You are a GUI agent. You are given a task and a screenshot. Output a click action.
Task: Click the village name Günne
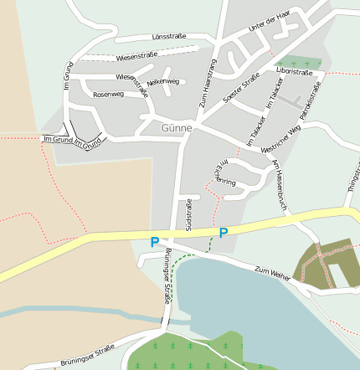point(177,128)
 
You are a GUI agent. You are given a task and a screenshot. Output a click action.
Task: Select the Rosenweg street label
point(109,95)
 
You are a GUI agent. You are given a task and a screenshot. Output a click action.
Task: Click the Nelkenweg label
point(162,82)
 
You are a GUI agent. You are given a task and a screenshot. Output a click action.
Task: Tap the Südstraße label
point(188,214)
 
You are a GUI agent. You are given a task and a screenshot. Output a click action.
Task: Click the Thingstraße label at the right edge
point(352,175)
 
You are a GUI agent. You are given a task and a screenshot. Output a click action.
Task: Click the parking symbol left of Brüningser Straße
point(154,242)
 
